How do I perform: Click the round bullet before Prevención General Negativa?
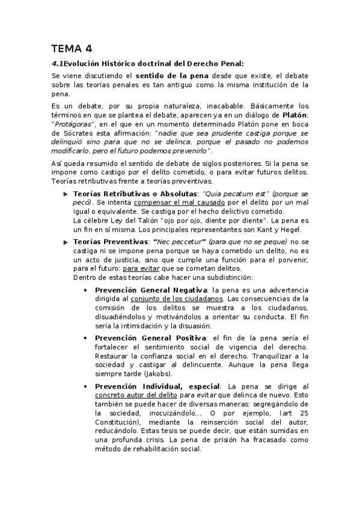89,290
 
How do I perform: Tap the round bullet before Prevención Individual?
89,386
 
